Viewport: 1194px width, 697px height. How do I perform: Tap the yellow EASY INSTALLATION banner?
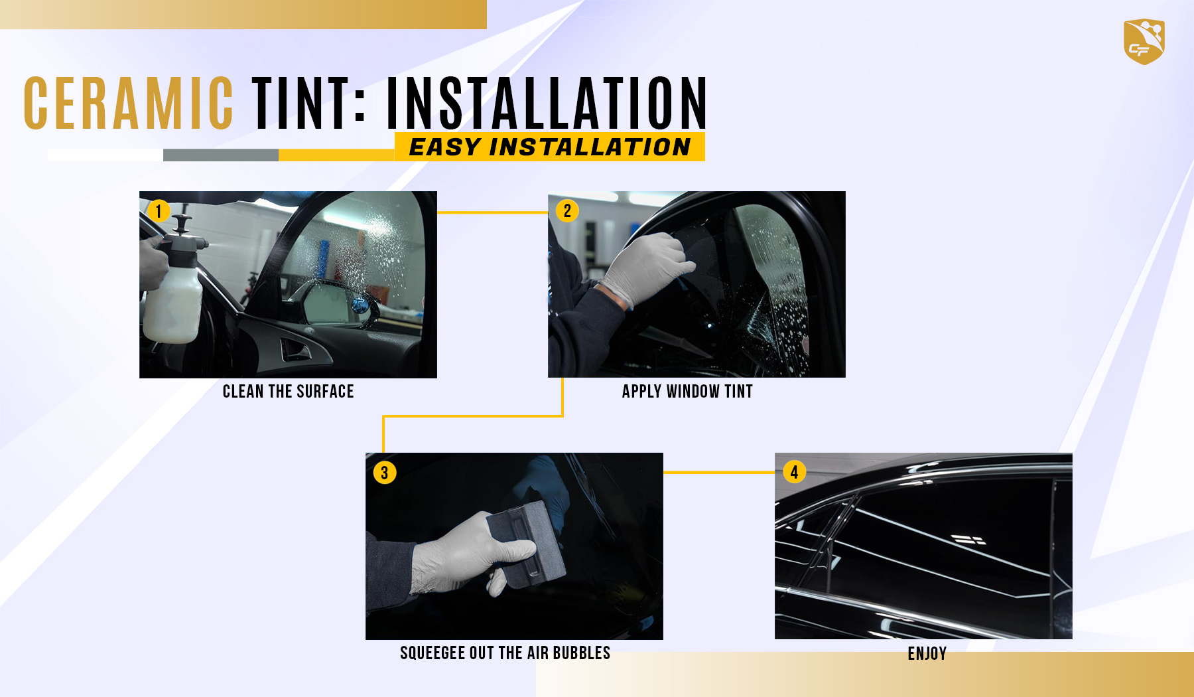[550, 147]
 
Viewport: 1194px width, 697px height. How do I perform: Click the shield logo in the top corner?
[1144, 41]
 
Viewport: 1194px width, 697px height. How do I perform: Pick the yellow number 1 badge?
[159, 211]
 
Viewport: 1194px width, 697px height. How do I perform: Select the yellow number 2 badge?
[567, 211]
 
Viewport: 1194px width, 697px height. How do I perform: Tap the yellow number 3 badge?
[385, 473]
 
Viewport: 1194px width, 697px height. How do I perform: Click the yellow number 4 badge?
[794, 472]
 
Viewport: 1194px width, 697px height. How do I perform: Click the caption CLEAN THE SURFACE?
[289, 392]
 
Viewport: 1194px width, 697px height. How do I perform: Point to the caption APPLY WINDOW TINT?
[688, 392]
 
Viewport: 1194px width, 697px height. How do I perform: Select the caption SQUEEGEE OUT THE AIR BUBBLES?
[505, 653]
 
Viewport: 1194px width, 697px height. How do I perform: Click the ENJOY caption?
[927, 654]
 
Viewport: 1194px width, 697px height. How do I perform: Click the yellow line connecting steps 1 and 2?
[492, 212]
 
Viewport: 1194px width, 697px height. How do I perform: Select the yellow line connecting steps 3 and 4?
[719, 473]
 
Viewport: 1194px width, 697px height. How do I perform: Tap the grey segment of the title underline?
[221, 155]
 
